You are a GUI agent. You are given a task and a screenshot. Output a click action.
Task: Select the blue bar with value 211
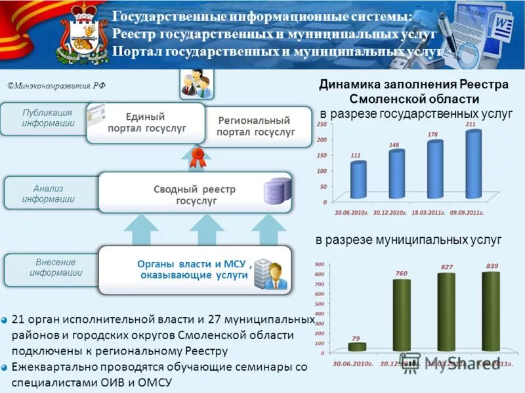(x=473, y=164)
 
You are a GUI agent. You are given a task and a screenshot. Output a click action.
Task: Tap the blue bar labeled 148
(x=396, y=174)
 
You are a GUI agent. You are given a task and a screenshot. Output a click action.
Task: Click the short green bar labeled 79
(x=356, y=346)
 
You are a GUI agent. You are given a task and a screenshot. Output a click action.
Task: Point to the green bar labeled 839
(x=490, y=310)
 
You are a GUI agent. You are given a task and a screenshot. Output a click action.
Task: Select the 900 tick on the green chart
(x=320, y=264)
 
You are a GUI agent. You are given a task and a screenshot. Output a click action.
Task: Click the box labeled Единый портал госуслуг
(x=146, y=122)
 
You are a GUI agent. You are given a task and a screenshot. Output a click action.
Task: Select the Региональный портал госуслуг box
(x=255, y=126)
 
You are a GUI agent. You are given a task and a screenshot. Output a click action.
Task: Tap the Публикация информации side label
(x=47, y=118)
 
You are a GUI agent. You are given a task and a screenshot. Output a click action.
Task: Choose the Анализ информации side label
(x=47, y=194)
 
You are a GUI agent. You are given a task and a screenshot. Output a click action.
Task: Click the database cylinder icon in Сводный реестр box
(x=276, y=191)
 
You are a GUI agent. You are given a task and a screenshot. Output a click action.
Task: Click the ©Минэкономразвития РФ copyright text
(x=57, y=85)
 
